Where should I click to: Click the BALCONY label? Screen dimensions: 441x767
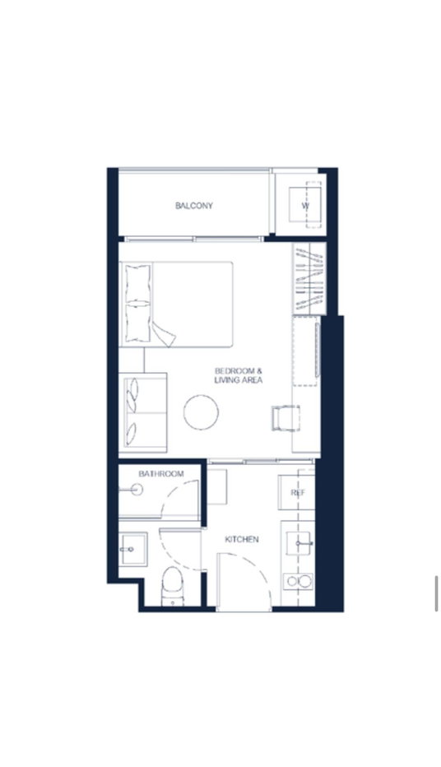(x=194, y=206)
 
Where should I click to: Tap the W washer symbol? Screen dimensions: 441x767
(x=305, y=206)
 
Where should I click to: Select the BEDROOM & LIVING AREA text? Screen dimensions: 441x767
(x=238, y=375)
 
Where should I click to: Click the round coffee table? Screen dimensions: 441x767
(x=201, y=412)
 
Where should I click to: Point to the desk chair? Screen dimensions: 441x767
(x=285, y=418)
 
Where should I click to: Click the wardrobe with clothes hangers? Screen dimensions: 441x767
(x=309, y=279)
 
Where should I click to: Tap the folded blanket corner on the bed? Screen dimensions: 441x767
(x=164, y=335)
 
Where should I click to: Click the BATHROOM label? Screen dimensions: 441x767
(x=161, y=474)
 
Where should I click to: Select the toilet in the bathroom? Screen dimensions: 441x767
(x=173, y=585)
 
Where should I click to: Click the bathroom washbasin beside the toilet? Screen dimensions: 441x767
(x=132, y=549)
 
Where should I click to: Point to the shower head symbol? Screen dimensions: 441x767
(x=133, y=489)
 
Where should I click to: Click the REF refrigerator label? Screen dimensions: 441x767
(x=298, y=493)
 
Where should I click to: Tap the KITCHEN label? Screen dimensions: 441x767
(x=242, y=540)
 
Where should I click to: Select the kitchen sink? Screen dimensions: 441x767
(x=299, y=543)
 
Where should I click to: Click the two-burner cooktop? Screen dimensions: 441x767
(x=299, y=581)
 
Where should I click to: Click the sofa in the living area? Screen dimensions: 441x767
(x=143, y=412)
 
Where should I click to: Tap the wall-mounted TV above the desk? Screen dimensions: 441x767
(x=318, y=350)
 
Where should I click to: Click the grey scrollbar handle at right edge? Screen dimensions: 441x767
(x=436, y=593)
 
